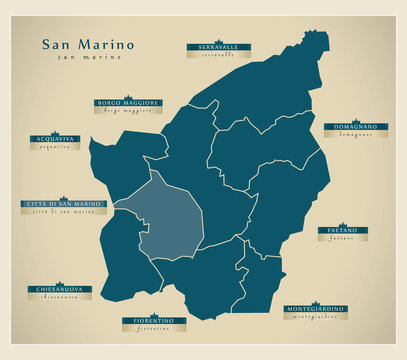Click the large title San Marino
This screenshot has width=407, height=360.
87,44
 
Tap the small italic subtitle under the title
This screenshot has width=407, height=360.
88,57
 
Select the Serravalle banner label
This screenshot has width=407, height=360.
217,47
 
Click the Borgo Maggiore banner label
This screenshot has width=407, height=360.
128,102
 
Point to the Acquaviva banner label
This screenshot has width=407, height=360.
55,139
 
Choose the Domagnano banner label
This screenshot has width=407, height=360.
350,127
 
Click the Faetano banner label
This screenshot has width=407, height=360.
342,230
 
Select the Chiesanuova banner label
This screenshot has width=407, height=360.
54,288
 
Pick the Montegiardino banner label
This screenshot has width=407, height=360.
316,308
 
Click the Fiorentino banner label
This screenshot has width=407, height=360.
153,320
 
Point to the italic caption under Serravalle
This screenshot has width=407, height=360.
217,56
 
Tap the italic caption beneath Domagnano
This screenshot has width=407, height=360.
350,135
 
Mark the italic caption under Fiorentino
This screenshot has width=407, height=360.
153,329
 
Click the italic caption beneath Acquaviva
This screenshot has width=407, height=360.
55,147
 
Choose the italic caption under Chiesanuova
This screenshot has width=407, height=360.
54,296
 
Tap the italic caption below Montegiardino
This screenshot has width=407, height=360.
316,316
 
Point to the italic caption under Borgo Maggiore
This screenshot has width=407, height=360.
128,111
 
